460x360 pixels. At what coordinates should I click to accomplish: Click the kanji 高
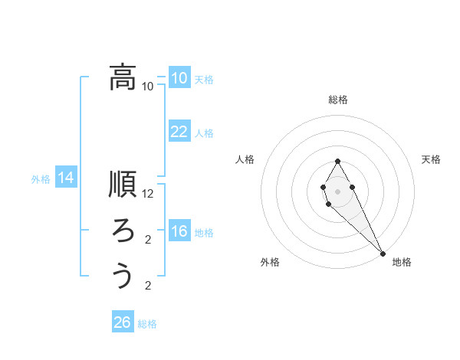(123, 77)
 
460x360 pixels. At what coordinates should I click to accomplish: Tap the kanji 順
(123, 186)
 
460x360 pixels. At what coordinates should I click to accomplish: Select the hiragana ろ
(123, 231)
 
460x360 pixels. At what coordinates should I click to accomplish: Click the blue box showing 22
(179, 132)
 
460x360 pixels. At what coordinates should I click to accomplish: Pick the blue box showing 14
(66, 178)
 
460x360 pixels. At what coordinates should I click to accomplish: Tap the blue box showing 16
(179, 232)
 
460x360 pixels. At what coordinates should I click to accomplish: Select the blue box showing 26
(122, 322)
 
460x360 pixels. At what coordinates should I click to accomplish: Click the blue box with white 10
(179, 78)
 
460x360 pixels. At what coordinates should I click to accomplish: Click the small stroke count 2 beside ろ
(148, 240)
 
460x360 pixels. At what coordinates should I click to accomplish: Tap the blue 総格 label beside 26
(147, 324)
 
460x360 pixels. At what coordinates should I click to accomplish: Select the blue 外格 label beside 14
(41, 179)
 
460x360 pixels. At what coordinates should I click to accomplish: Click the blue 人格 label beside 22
(204, 133)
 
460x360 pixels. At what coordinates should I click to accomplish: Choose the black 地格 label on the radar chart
(402, 262)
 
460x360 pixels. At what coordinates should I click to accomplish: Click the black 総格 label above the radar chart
(338, 100)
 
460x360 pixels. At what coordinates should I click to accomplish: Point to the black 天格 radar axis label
(431, 159)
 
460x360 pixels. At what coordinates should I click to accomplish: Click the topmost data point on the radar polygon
(337, 161)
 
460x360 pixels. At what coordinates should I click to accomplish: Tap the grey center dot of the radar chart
(337, 190)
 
